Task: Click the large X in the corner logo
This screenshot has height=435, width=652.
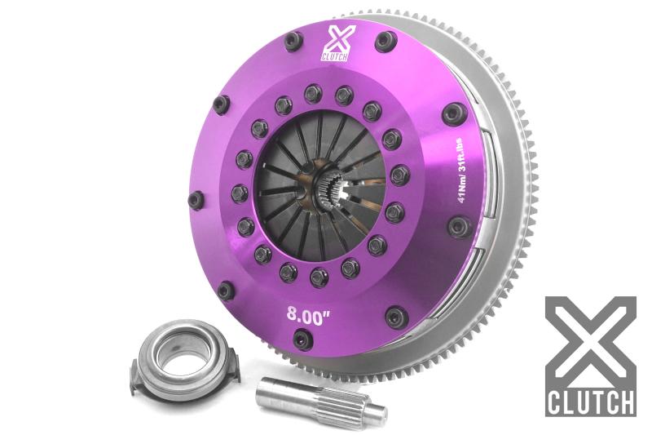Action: coord(590,343)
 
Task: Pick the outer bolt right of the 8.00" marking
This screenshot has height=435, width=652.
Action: coord(396,315)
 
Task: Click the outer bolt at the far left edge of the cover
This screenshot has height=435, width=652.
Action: coord(196,199)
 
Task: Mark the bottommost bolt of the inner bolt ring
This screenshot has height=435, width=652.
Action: coord(319,276)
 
